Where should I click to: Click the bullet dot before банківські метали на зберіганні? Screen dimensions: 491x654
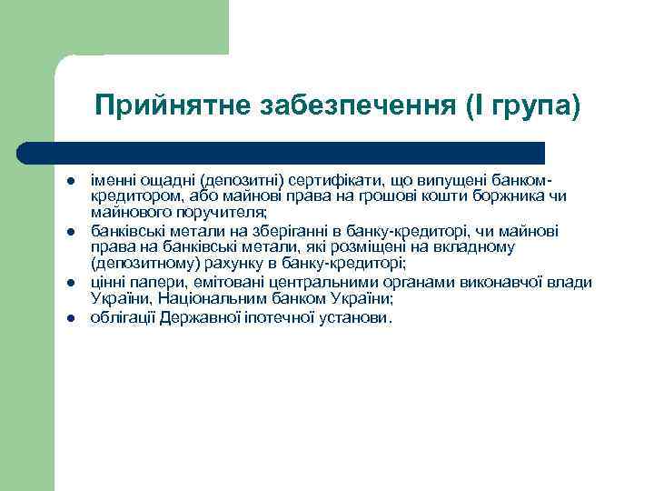pos(68,233)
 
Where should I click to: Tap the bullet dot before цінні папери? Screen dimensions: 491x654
pos(68,284)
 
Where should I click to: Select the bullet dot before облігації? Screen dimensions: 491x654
pos(68,318)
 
